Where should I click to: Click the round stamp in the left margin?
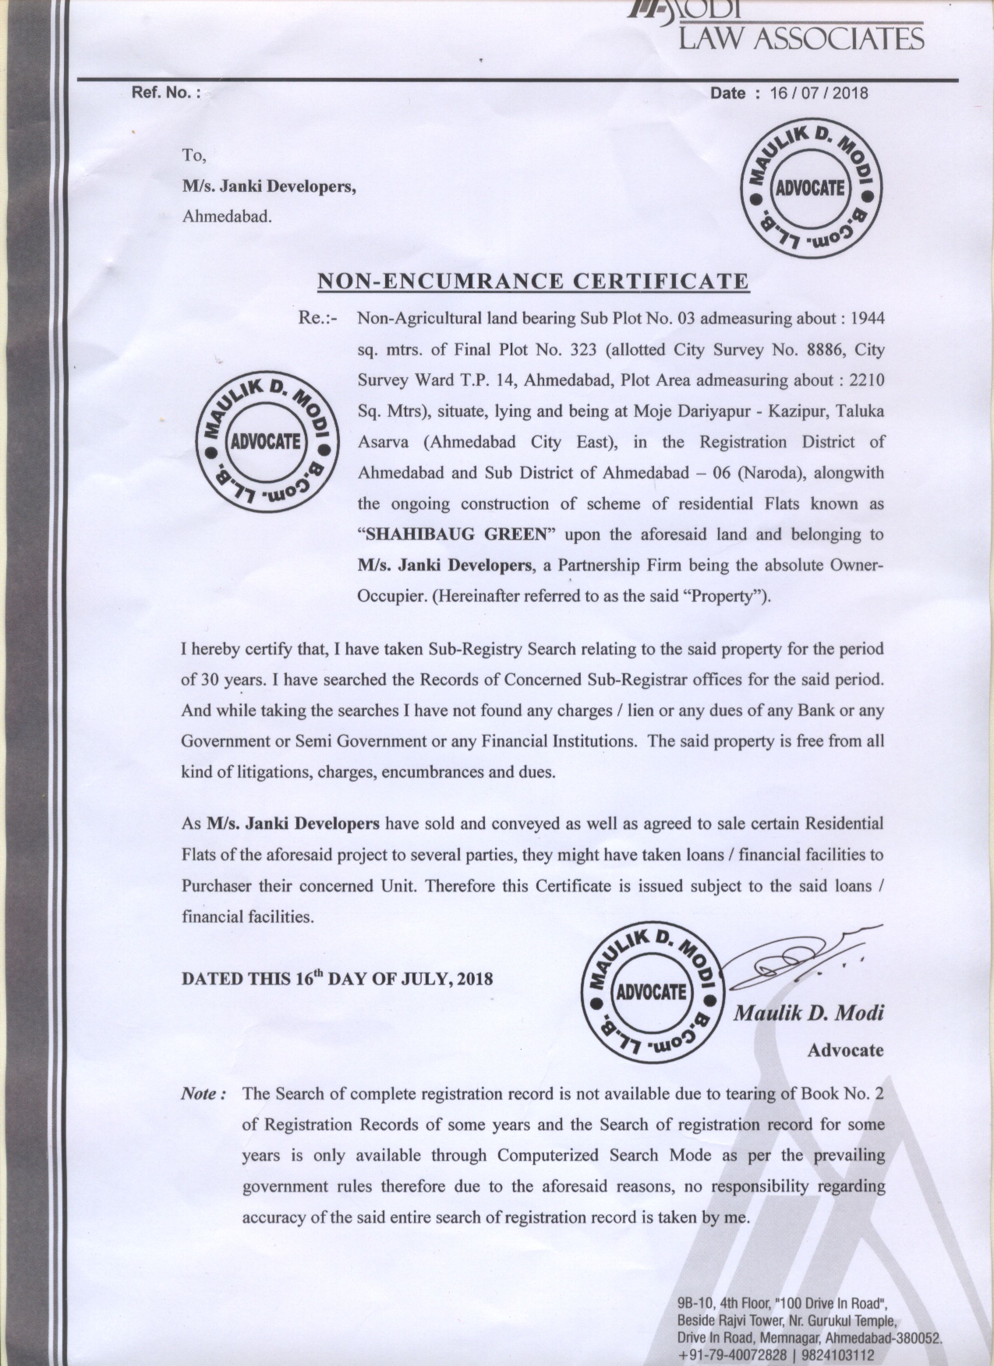pyautogui.click(x=266, y=441)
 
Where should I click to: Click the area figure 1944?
pyautogui.click(x=867, y=319)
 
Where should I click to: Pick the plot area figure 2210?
pyautogui.click(x=866, y=381)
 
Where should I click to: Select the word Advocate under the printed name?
pyautogui.click(x=845, y=1050)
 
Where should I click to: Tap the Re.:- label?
pyautogui.click(x=318, y=318)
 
